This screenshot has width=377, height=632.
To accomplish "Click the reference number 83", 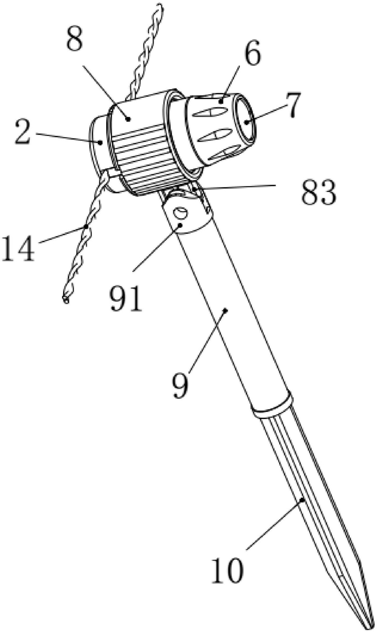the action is [x=319, y=193].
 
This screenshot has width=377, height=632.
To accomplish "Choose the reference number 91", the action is [x=126, y=298].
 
